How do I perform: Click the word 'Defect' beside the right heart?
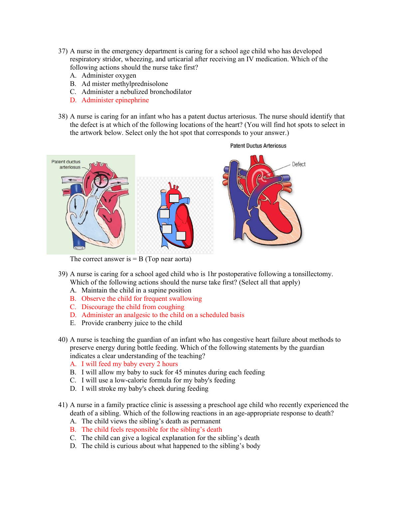tap(298, 164)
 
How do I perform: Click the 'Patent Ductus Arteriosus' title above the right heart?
tap(258, 146)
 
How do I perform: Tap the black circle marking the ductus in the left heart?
tap(101, 180)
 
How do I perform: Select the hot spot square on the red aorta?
tap(174, 198)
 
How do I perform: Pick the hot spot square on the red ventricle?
tap(181, 236)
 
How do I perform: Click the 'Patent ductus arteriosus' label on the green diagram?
tap(66, 164)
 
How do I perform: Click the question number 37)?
tap(63, 51)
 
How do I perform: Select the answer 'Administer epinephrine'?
tap(115, 100)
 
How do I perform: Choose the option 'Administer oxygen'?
tap(109, 75)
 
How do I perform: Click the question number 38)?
tap(63, 116)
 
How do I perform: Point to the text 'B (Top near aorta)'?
tap(165, 259)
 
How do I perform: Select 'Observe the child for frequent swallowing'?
tap(142, 298)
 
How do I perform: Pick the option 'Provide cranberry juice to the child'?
tap(132, 323)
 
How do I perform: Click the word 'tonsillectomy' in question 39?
tap(312, 274)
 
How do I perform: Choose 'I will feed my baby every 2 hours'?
tap(130, 364)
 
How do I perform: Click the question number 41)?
tap(63, 405)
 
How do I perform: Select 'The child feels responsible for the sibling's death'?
tap(152, 429)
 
